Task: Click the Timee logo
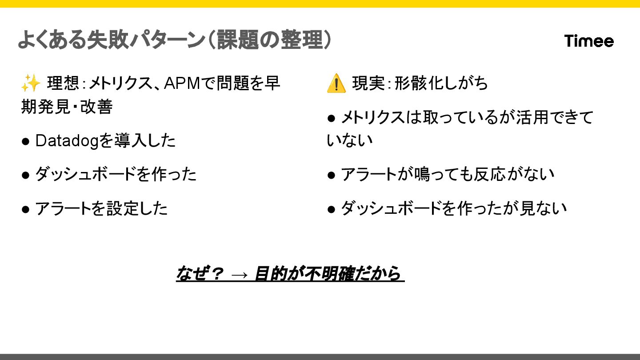(x=589, y=41)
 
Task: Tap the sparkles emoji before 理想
(x=31, y=83)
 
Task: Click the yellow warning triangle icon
(x=336, y=83)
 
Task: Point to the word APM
(x=181, y=83)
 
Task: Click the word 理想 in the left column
(x=60, y=83)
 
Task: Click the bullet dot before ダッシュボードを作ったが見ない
(x=331, y=208)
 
